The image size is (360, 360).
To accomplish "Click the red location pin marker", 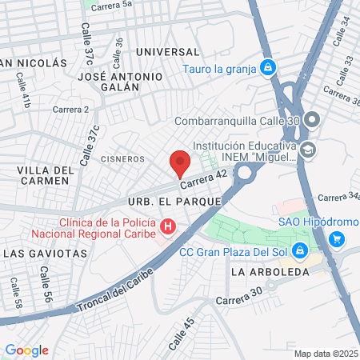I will (x=180, y=162).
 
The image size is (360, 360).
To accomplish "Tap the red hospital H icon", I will (x=167, y=228).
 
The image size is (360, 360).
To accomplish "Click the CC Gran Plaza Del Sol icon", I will (x=299, y=250).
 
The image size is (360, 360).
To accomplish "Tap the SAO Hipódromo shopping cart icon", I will (x=337, y=238).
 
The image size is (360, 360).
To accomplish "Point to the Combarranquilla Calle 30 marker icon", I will (x=312, y=120).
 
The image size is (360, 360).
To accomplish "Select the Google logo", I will (x=26, y=350).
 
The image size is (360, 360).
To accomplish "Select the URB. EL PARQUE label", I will (x=174, y=201).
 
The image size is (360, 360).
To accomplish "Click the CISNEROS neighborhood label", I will (x=122, y=159).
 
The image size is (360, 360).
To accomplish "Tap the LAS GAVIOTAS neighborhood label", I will (x=45, y=253).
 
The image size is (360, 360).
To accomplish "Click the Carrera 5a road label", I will (x=111, y=5).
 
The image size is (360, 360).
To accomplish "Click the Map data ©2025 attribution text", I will (x=326, y=354).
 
